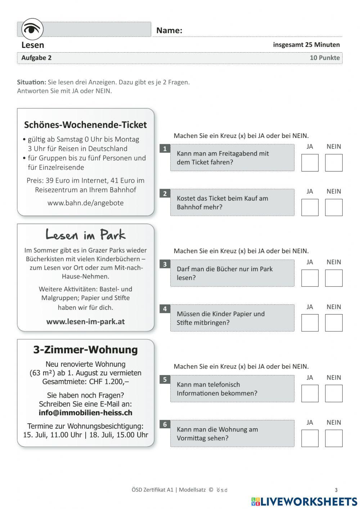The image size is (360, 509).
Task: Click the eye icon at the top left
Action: [x=32, y=29]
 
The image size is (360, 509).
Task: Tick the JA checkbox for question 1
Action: [x=310, y=163]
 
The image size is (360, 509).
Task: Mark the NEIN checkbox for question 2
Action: [x=334, y=207]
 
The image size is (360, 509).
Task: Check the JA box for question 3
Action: [x=310, y=278]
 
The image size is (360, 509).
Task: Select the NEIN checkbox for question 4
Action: [x=334, y=323]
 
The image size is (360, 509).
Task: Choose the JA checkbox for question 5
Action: [x=310, y=393]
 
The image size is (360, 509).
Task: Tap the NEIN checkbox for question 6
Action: [x=334, y=438]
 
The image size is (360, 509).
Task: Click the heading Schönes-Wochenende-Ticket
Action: [x=85, y=125]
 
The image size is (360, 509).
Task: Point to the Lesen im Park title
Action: [x=85, y=235]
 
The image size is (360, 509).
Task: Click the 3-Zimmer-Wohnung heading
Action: [x=85, y=350]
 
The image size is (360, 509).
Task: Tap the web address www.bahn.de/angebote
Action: [x=85, y=203]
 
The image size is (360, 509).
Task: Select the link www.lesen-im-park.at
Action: [x=85, y=322]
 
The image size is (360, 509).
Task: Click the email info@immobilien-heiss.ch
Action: [x=85, y=413]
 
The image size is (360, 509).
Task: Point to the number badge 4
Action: [x=165, y=309]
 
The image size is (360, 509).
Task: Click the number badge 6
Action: [x=165, y=424]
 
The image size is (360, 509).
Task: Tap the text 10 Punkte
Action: [x=324, y=58]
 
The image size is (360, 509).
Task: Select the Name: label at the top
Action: [x=169, y=31]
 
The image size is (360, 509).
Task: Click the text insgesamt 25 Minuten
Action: [x=306, y=45]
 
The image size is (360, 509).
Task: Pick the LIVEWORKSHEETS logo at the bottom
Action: [x=304, y=501]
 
